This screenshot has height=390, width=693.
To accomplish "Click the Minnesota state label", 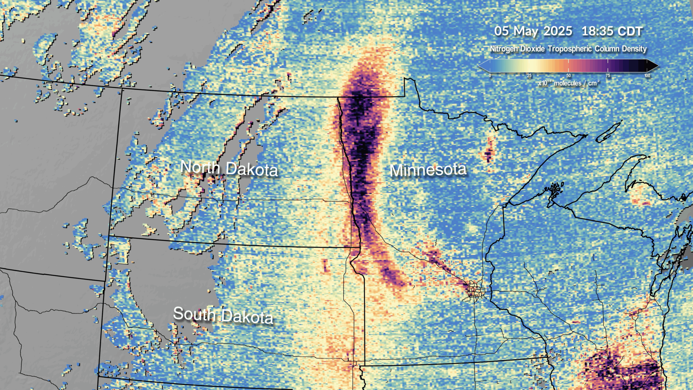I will [x=428, y=170].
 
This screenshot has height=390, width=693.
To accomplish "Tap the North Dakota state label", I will [x=229, y=168].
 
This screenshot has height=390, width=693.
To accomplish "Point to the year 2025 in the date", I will [x=558, y=31].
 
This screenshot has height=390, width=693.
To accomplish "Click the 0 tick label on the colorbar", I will [x=490, y=76].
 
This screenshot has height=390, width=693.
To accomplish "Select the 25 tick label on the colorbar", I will [x=529, y=76].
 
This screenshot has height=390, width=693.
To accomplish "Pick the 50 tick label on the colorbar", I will [x=568, y=76].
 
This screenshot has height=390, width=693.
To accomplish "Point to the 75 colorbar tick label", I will [x=608, y=76].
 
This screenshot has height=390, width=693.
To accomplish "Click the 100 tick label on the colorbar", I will [x=647, y=76].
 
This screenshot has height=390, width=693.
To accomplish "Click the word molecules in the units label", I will [x=567, y=83].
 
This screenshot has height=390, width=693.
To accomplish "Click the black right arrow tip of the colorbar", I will [x=655, y=66].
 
